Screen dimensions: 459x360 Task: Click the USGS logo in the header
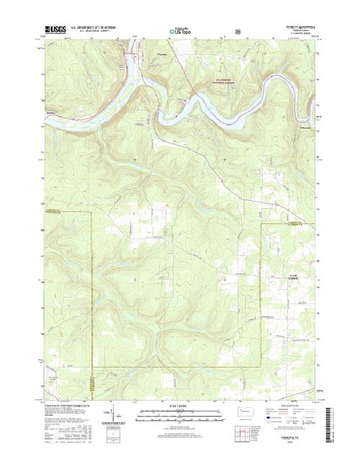[54, 31]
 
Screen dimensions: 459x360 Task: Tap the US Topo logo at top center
[180, 32]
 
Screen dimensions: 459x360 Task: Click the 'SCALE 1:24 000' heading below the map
[180, 406]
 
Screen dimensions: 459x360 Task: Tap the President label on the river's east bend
[288, 127]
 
